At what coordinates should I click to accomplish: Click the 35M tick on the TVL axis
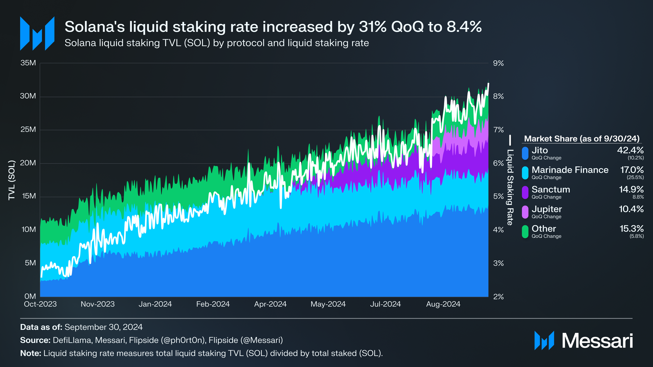click(x=28, y=63)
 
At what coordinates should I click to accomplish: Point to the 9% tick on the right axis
click(x=498, y=63)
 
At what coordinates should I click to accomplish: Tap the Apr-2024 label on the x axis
click(x=270, y=304)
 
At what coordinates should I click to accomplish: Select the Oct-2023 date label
click(x=40, y=304)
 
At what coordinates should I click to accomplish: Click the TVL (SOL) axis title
click(x=12, y=180)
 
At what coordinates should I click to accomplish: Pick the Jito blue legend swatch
click(x=525, y=153)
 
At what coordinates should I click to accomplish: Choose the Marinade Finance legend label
click(x=570, y=170)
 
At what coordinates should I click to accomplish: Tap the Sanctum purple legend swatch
click(x=525, y=193)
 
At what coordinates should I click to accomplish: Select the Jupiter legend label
click(x=547, y=209)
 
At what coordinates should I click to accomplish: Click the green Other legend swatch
click(x=525, y=232)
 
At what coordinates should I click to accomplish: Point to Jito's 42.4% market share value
click(x=630, y=150)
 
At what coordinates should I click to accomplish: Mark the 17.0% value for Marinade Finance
click(x=632, y=170)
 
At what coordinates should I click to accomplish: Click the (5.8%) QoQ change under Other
click(x=637, y=236)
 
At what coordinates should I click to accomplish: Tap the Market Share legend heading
click(x=582, y=139)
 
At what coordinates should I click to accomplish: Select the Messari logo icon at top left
click(x=37, y=34)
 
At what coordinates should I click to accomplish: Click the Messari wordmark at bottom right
click(x=597, y=341)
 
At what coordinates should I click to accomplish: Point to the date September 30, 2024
click(x=104, y=327)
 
